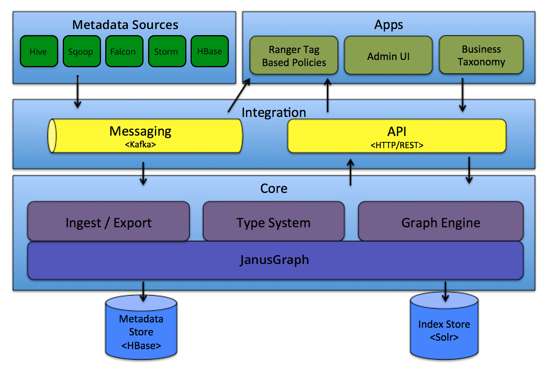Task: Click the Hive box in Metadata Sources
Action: tap(39, 52)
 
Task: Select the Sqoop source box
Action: tap(82, 52)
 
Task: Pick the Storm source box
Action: tap(167, 52)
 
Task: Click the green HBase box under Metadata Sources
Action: tap(209, 52)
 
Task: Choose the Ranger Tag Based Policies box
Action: tap(294, 56)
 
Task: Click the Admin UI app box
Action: tap(388, 56)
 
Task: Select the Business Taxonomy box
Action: tap(481, 55)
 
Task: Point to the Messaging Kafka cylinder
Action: tap(145, 136)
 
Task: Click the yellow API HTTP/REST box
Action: tap(396, 136)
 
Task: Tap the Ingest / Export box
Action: tap(108, 222)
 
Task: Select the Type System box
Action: tap(273, 222)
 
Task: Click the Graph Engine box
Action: tap(440, 222)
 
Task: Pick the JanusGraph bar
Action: tap(275, 260)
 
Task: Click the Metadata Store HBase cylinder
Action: tap(141, 331)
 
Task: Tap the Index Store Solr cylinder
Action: tap(444, 329)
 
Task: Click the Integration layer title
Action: tap(274, 112)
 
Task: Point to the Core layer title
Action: tap(274, 188)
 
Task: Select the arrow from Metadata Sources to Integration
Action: tap(78, 92)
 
